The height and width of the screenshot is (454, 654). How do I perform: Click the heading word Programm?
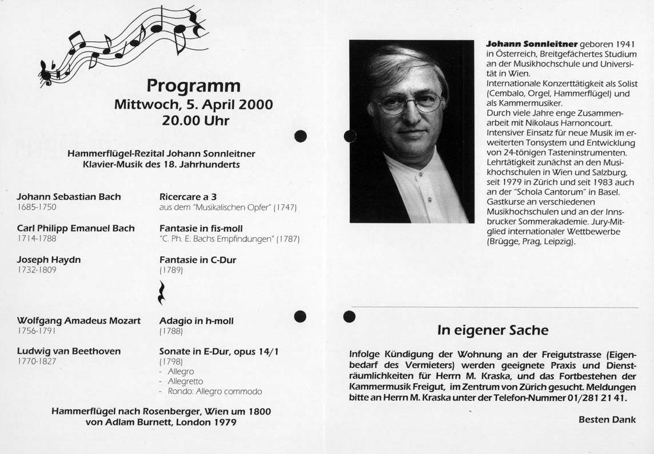pos(193,86)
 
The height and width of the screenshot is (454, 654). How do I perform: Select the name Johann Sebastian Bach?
pos(69,197)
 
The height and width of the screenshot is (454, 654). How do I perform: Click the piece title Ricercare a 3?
pos(188,197)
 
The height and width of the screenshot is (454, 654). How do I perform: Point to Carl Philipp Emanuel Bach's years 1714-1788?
pos(37,238)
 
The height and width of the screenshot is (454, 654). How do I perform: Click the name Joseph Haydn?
pos(49,260)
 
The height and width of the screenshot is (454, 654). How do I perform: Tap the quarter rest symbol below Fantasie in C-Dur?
pos(163,292)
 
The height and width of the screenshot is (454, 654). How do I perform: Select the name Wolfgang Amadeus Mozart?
pos(78,321)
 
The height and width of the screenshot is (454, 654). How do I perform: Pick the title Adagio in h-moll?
pos(196,321)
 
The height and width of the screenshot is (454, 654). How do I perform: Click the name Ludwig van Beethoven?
pos(69,351)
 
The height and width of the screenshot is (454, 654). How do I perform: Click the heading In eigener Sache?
pos(492,330)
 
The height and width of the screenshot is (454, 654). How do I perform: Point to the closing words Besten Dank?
pos(607,419)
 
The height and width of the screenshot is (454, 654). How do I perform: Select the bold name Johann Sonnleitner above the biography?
pos(531,44)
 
